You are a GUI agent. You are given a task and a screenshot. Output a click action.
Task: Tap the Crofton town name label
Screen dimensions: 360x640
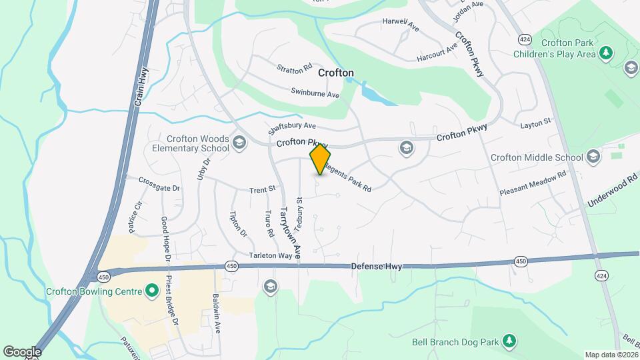tap(335, 72)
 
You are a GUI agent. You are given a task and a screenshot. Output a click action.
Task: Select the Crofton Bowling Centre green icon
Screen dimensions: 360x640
tap(151, 291)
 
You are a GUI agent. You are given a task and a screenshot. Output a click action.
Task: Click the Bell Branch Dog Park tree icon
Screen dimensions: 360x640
tap(509, 342)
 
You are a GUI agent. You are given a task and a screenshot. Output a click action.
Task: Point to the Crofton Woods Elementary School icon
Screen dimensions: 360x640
tap(239, 142)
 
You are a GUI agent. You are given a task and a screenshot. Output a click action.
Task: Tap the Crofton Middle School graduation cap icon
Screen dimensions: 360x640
tap(593, 157)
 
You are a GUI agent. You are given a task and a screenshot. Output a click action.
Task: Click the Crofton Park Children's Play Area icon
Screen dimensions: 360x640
tap(605, 53)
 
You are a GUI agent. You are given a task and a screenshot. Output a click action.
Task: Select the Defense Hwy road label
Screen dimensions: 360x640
tap(377, 266)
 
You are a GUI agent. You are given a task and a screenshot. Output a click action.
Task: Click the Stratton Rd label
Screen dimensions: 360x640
tap(295, 68)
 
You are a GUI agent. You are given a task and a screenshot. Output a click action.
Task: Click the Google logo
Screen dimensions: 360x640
tap(22, 351)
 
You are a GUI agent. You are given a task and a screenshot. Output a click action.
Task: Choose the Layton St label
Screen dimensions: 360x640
tap(535, 123)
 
